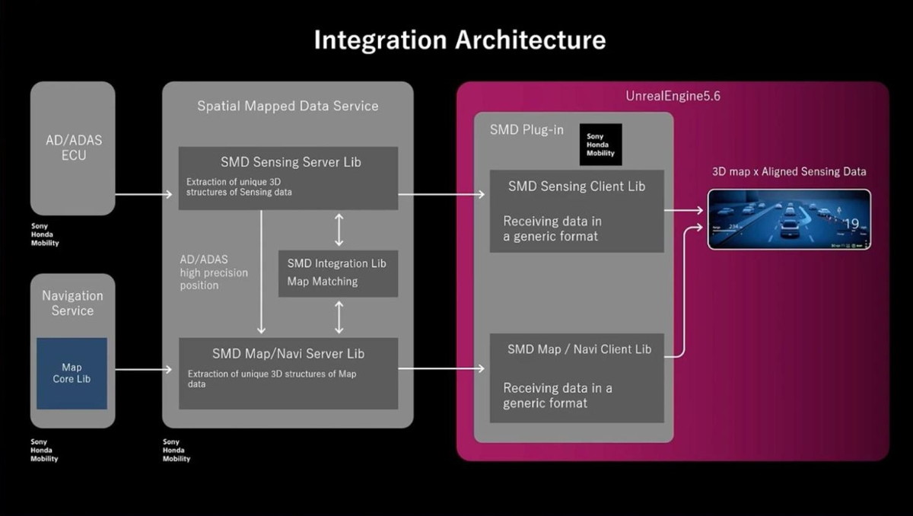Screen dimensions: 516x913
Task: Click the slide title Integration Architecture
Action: (460, 40)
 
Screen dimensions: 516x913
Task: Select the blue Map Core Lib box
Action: (72, 374)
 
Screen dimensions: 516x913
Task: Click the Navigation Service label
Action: (72, 303)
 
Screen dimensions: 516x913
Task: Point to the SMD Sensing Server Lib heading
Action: (291, 162)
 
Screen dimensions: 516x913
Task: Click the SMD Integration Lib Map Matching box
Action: (338, 272)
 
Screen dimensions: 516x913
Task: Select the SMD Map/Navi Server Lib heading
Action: (288, 354)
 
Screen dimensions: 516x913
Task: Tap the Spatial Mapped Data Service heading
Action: (288, 106)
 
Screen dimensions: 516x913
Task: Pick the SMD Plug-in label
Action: (526, 129)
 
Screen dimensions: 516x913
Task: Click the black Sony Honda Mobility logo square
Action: (600, 145)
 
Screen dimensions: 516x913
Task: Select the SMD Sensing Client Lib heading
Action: (576, 186)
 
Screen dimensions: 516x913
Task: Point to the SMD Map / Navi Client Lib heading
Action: (579, 349)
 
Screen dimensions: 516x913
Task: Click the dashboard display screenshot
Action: (789, 219)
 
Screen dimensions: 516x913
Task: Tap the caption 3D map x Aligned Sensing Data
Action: (789, 171)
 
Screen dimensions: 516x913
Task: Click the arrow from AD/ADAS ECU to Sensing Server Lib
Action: (144, 195)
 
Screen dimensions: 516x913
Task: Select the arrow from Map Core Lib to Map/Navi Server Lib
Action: (144, 370)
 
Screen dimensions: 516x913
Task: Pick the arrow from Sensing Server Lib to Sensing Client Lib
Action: (441, 195)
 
